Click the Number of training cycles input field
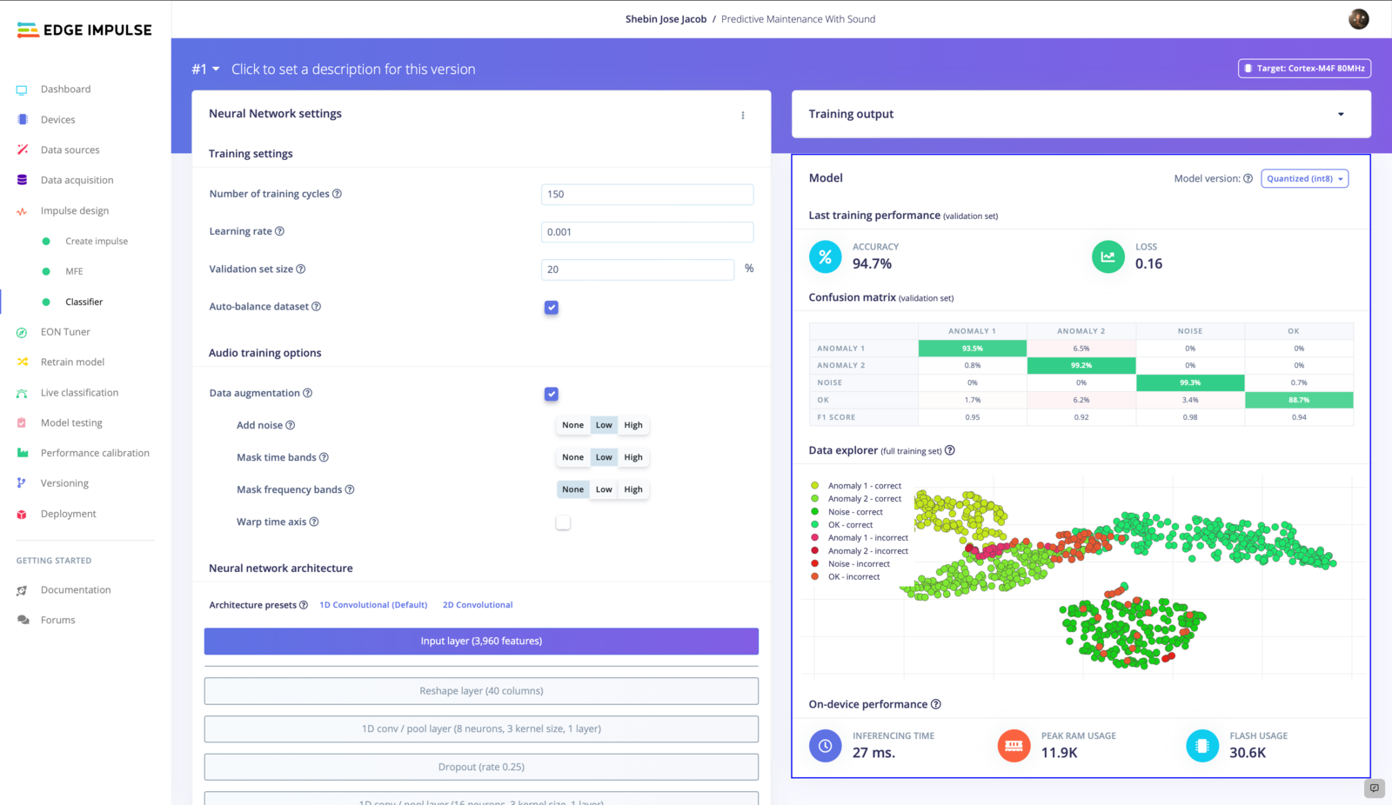(x=646, y=194)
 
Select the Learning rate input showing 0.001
(x=646, y=232)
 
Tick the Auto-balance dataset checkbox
(x=552, y=308)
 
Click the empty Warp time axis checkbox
(x=563, y=522)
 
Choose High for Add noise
(x=632, y=425)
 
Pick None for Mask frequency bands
(x=572, y=489)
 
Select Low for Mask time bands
(x=604, y=457)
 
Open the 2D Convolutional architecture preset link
(x=478, y=605)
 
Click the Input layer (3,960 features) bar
(x=481, y=642)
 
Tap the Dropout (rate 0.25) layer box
(x=481, y=767)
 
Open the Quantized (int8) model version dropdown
(x=1304, y=179)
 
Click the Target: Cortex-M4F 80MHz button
(x=1304, y=69)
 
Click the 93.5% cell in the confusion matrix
(x=972, y=349)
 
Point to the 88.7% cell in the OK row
(x=1298, y=400)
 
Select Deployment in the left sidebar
(x=68, y=514)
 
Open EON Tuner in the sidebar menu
(x=65, y=332)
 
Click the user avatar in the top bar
(x=1358, y=19)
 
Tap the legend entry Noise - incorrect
(x=858, y=564)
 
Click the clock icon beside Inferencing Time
(x=825, y=745)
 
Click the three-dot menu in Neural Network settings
(x=743, y=115)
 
